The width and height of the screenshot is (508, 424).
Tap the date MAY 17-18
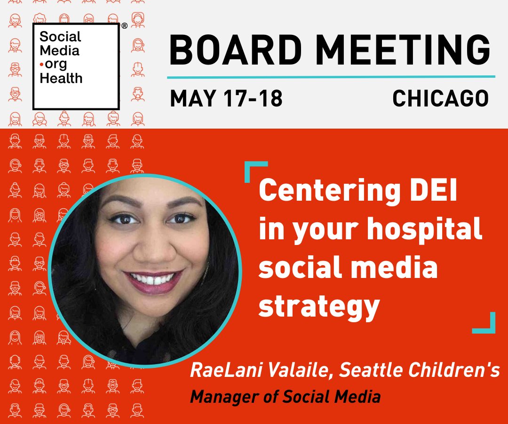coord(226,98)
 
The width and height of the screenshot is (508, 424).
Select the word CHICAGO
coord(440,98)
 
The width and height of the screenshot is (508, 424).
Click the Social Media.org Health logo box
coord(76,66)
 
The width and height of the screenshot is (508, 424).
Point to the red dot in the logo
coord(41,64)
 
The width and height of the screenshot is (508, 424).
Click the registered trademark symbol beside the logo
coord(124,26)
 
